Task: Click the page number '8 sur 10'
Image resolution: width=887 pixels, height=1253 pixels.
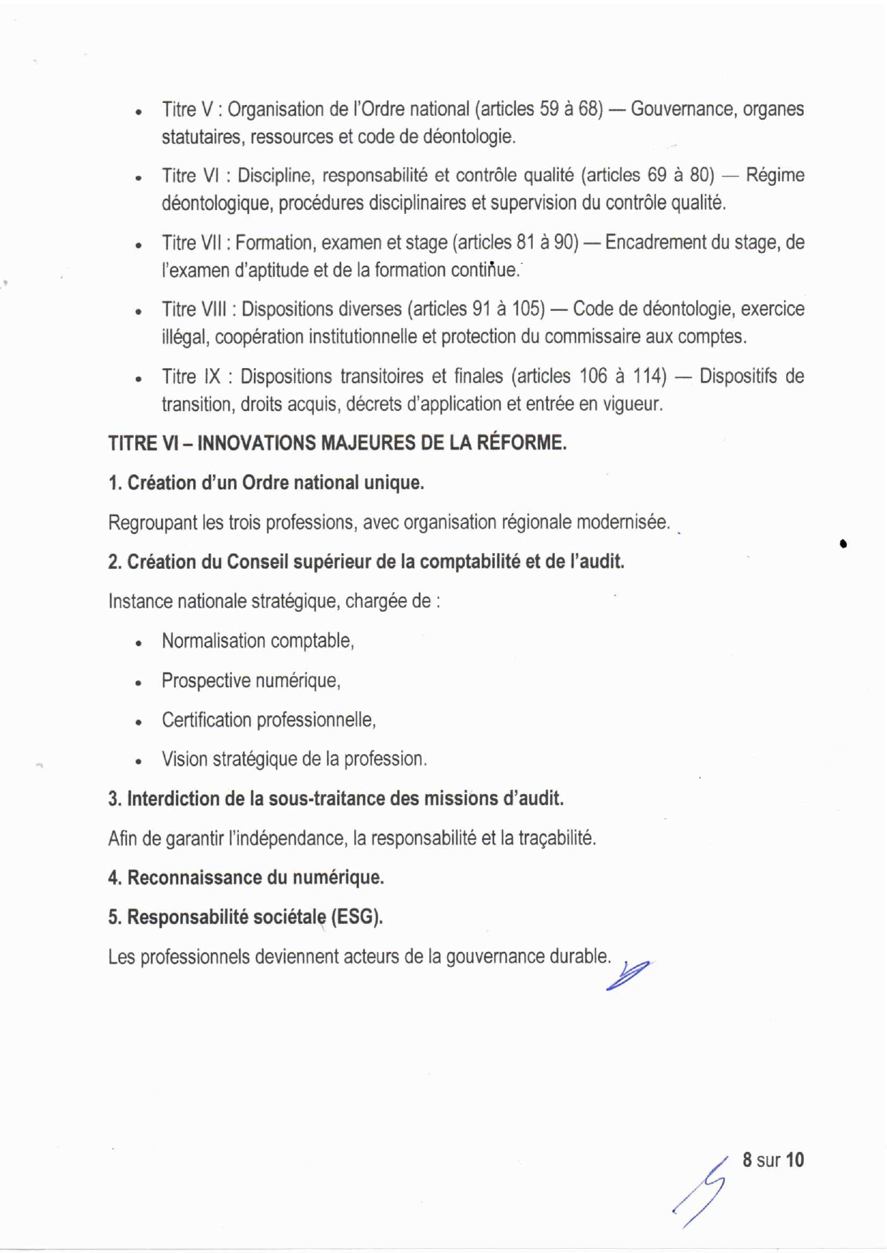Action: [x=773, y=1159]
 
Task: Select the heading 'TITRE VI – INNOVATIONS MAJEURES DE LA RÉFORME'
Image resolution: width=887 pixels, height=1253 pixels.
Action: [x=337, y=443]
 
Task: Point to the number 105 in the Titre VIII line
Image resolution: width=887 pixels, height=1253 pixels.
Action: [x=525, y=309]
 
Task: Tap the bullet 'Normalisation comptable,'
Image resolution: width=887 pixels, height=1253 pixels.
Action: [x=258, y=640]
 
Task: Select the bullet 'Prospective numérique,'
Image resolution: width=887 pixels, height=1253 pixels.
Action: [x=250, y=680]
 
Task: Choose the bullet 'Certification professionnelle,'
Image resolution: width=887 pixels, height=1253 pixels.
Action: [x=268, y=720]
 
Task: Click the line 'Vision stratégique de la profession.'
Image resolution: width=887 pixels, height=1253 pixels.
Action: [x=294, y=759]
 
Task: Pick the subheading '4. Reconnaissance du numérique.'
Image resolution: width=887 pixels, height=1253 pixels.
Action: [x=246, y=878]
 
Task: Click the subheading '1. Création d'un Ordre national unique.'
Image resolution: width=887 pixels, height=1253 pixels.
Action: [x=266, y=483]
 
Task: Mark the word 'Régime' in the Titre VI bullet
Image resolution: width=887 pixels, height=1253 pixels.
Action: [x=775, y=176]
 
